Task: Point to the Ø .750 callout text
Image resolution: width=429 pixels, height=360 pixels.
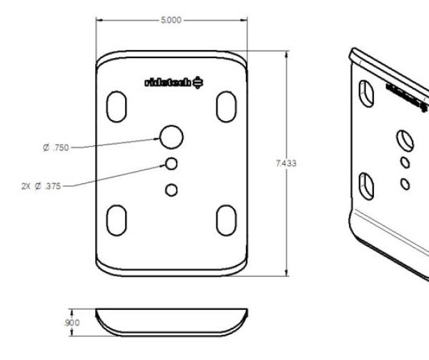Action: (x=56, y=148)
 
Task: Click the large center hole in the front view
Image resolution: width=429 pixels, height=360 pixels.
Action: (x=171, y=136)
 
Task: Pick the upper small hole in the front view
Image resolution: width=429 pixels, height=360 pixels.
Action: (x=170, y=164)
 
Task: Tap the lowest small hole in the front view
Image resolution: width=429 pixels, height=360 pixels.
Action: (x=170, y=190)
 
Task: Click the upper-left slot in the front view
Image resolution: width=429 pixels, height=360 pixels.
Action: (x=117, y=105)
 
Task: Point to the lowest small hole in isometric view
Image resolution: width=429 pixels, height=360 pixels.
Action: (x=405, y=184)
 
